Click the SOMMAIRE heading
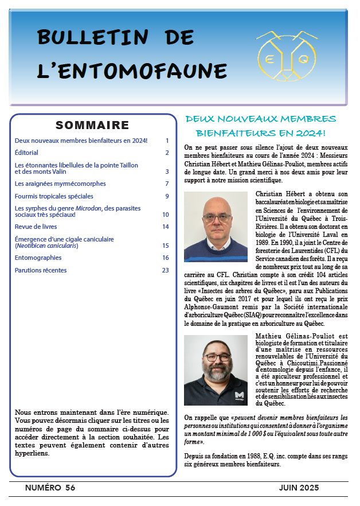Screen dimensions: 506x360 (92, 126)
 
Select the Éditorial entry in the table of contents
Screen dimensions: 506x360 (26, 153)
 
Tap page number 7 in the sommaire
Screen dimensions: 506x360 (167, 184)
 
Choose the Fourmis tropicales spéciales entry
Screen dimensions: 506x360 (53, 196)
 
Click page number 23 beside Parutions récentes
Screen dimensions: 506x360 (165, 270)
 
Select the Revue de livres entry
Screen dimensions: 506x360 (38, 227)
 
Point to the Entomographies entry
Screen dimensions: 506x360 (38, 258)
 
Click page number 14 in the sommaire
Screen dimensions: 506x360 (165, 227)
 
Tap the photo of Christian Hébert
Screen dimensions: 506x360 (216, 227)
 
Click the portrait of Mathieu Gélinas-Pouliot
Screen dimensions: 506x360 (216, 370)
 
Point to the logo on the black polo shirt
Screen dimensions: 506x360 (240, 395)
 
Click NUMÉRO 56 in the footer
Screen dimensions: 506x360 (50, 488)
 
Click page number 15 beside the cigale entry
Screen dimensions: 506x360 (165, 246)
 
